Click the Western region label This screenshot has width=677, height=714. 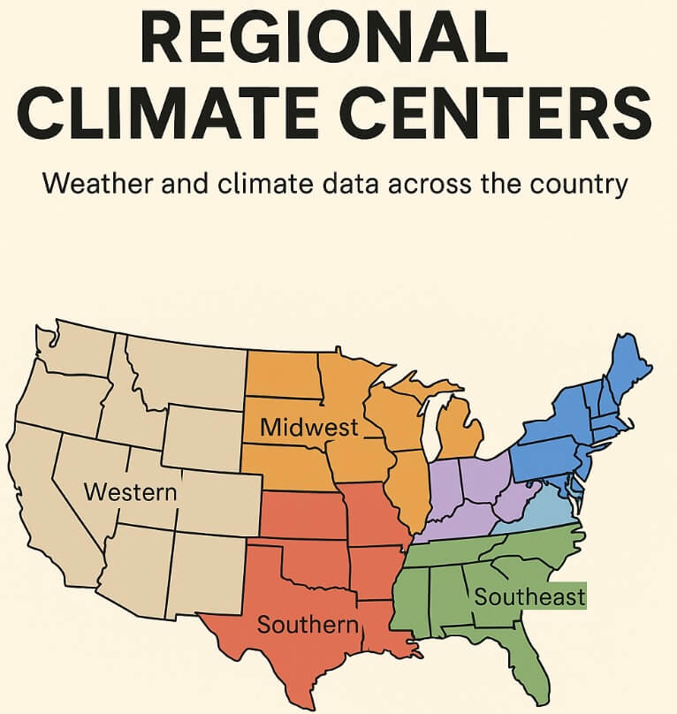click(130, 491)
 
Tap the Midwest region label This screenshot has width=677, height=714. click(309, 428)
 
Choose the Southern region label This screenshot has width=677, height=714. click(308, 625)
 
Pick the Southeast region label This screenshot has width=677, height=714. click(529, 596)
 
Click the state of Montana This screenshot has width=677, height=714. click(186, 371)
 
